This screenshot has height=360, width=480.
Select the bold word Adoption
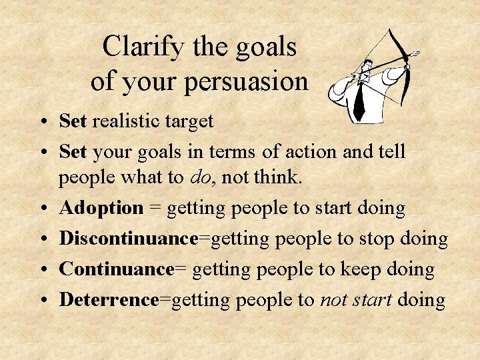pyautogui.click(x=101, y=208)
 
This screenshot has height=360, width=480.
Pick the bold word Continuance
pyautogui.click(x=117, y=269)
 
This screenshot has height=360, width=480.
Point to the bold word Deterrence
pyautogui.click(x=109, y=300)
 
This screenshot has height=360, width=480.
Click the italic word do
pyautogui.click(x=200, y=178)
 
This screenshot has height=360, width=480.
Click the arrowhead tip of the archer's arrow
pyautogui.click(x=417, y=53)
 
